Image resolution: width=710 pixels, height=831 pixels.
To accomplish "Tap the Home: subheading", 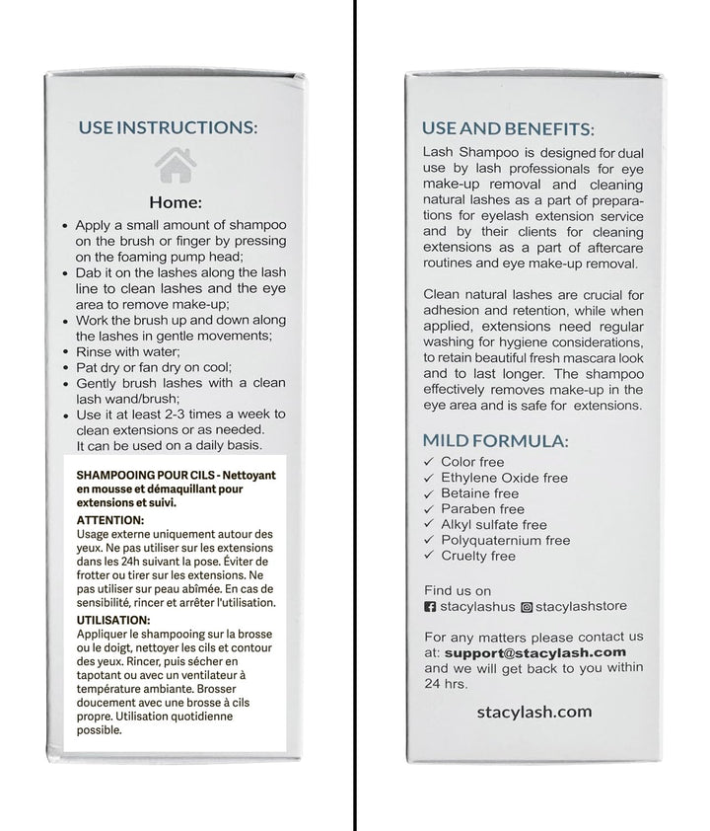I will (x=175, y=202).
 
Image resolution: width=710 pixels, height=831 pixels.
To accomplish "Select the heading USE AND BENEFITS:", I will (x=507, y=128).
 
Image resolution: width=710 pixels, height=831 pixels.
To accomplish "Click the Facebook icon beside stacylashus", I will (x=428, y=606).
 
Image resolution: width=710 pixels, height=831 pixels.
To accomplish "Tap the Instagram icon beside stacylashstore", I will (x=528, y=606).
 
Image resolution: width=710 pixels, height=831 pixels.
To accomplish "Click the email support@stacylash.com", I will (x=535, y=652).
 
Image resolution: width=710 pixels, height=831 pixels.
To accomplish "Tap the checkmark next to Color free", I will (x=427, y=462).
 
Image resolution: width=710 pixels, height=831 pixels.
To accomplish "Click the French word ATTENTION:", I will (x=109, y=520).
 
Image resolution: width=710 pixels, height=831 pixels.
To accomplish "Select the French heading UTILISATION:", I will (x=115, y=620).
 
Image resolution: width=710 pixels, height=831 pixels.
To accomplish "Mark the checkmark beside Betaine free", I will (x=427, y=493).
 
